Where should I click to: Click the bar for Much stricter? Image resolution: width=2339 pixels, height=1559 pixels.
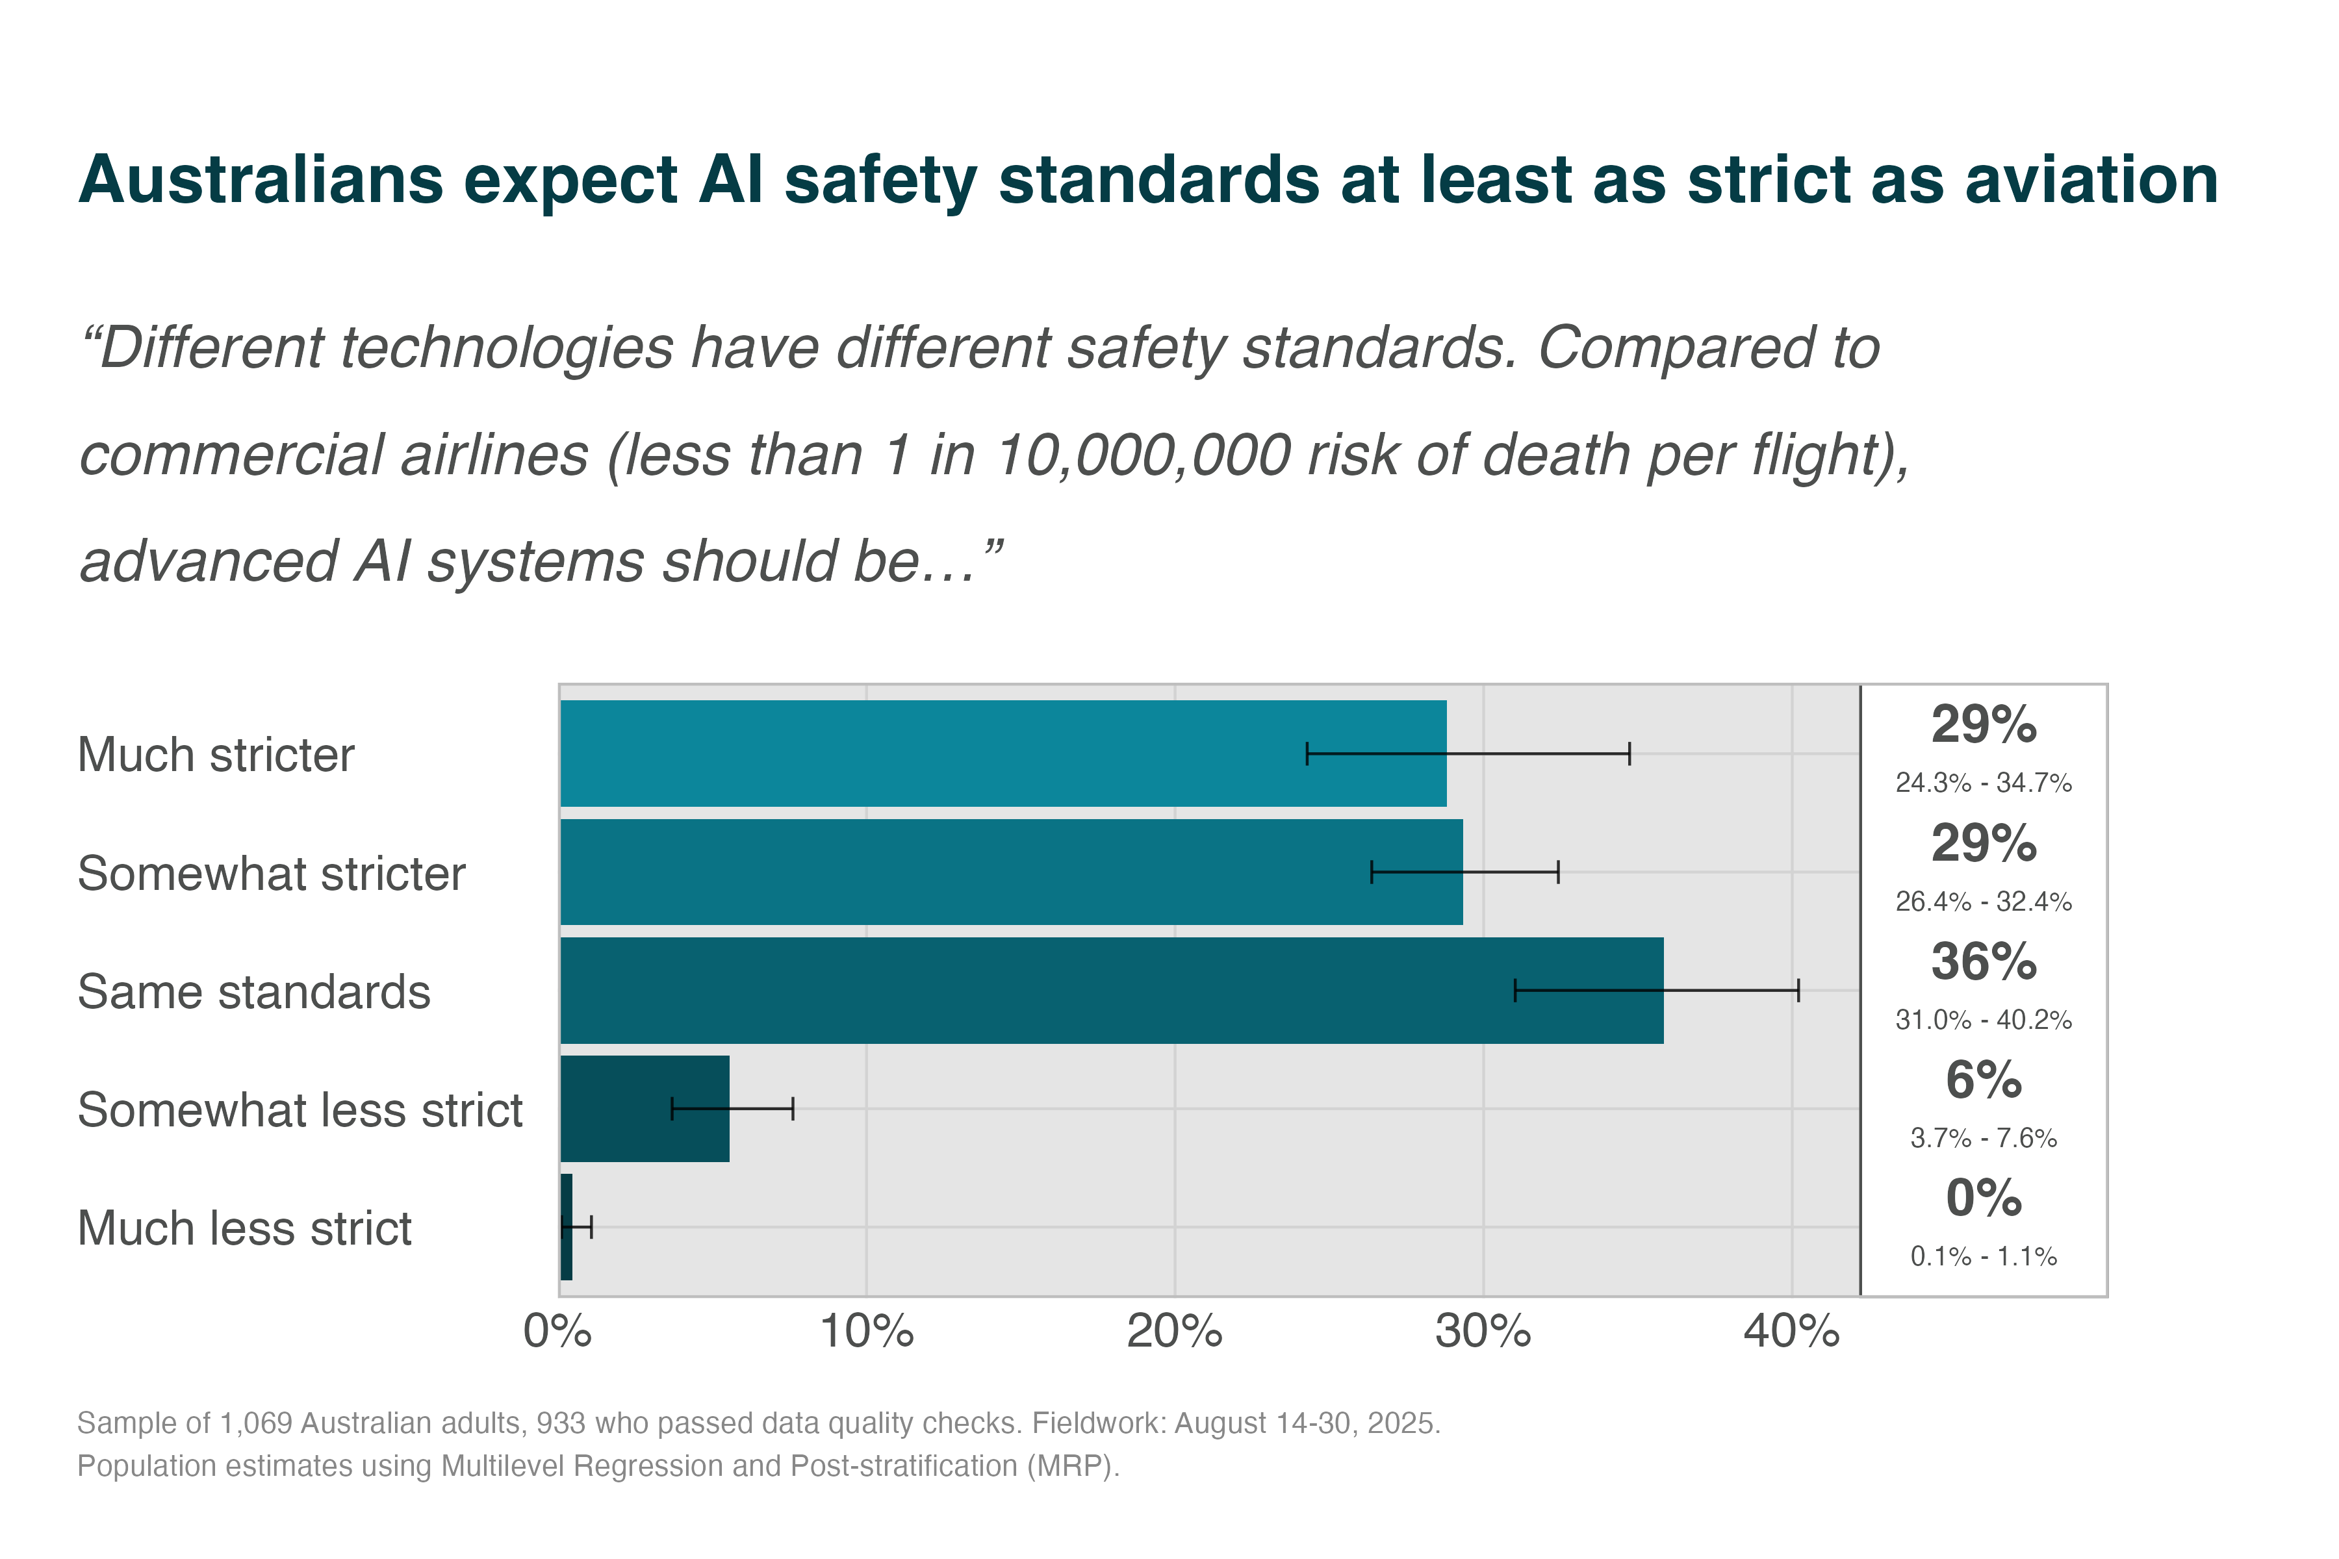click(1003, 753)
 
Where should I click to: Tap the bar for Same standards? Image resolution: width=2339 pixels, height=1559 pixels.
click(1111, 990)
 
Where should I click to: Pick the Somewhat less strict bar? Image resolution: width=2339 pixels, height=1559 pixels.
click(645, 1109)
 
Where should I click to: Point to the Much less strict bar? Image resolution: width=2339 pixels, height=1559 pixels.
click(567, 1227)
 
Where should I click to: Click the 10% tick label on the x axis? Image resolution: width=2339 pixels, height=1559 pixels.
click(866, 1331)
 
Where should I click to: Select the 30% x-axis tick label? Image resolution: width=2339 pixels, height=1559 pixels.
click(1483, 1331)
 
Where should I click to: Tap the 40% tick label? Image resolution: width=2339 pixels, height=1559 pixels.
click(1791, 1331)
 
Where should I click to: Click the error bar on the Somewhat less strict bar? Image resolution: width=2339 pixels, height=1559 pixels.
click(733, 1109)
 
